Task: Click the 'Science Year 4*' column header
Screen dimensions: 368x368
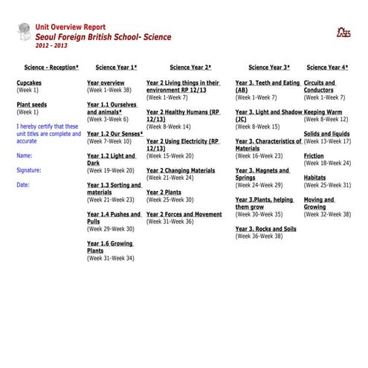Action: point(327,68)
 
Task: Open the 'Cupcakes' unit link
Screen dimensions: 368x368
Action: point(30,83)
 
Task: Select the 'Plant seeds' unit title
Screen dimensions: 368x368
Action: point(31,105)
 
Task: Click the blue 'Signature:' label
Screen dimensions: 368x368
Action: point(29,170)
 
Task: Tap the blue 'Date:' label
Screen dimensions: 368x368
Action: point(23,185)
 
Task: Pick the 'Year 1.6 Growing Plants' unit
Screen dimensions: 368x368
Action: point(109,247)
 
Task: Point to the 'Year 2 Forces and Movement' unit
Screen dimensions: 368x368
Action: point(184,214)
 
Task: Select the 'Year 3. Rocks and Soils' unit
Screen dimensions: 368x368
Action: point(265,229)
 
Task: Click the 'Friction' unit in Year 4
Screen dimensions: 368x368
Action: point(314,156)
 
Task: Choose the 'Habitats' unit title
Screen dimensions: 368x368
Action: point(314,178)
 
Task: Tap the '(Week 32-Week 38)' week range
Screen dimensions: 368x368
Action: point(326,214)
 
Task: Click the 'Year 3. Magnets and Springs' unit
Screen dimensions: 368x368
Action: point(263,174)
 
